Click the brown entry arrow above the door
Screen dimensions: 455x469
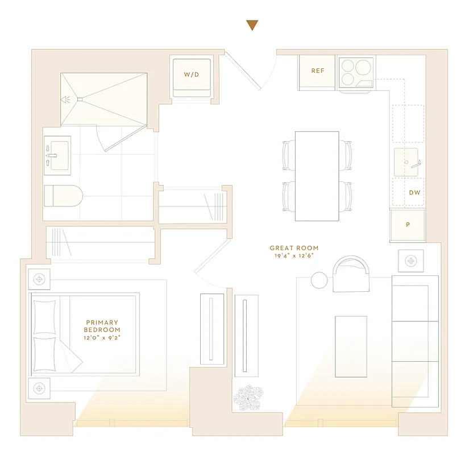tap(252, 25)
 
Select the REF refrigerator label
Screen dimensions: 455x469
tap(317, 71)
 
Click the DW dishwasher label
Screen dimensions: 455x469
tap(415, 193)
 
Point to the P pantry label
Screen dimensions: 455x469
tap(408, 225)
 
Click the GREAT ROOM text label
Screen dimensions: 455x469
tap(294, 248)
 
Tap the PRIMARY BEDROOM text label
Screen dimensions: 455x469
tap(102, 326)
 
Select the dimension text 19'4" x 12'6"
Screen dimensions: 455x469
tap(294, 256)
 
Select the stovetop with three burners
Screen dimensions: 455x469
tap(356, 72)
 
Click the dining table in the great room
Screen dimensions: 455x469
tap(317, 176)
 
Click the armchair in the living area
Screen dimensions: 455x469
tap(351, 274)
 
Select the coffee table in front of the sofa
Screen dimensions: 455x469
tap(351, 346)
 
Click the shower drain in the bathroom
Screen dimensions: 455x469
tap(80, 100)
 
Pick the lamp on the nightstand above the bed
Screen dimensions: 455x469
tap(39, 279)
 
